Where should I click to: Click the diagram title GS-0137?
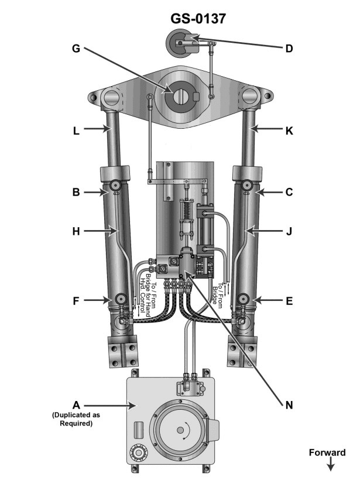[x=198, y=19]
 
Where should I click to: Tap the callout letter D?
[x=289, y=49]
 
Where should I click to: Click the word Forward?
[x=329, y=452]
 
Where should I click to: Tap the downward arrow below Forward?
[x=330, y=465]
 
